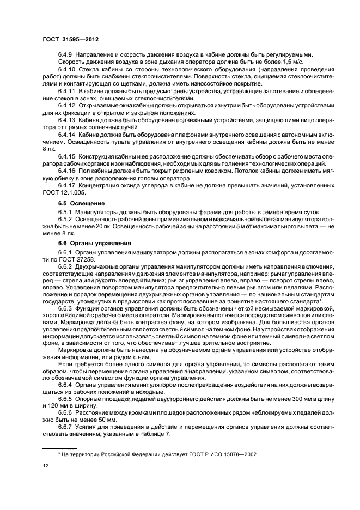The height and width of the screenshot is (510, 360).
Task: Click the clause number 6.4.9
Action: pos(66,54)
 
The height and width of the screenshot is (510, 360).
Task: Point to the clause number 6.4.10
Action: pos(68,70)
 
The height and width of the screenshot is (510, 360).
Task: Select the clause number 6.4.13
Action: pos(68,119)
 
